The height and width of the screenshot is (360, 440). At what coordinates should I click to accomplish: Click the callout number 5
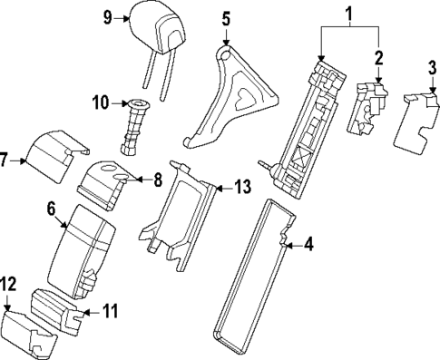[x=226, y=16]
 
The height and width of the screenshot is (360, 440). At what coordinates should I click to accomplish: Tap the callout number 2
[x=379, y=57]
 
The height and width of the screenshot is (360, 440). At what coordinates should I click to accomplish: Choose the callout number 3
[x=433, y=68]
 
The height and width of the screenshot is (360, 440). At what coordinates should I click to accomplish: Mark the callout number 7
[x=5, y=161]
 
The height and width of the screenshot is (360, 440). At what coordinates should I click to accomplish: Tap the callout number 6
[x=53, y=208]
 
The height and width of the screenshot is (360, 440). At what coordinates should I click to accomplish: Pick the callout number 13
[x=241, y=187]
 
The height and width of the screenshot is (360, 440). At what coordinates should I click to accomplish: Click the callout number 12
[x=8, y=285]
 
